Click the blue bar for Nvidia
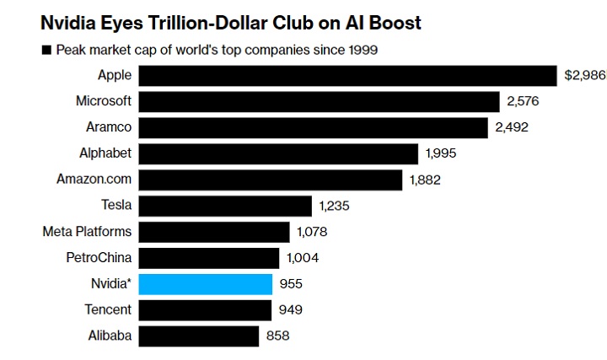click(x=205, y=283)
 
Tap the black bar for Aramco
click(x=313, y=127)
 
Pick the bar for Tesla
click(x=225, y=206)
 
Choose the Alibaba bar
click(x=198, y=336)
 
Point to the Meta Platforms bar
click(x=214, y=232)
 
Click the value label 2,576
click(x=523, y=102)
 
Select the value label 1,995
click(x=442, y=153)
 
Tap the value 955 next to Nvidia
click(x=291, y=284)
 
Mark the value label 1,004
click(x=303, y=258)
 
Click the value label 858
click(x=277, y=336)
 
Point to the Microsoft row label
click(x=104, y=102)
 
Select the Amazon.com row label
click(x=94, y=180)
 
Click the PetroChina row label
click(x=99, y=258)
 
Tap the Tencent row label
click(x=108, y=309)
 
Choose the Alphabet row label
click(x=105, y=153)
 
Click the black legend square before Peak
click(x=46, y=51)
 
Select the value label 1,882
click(x=425, y=180)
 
